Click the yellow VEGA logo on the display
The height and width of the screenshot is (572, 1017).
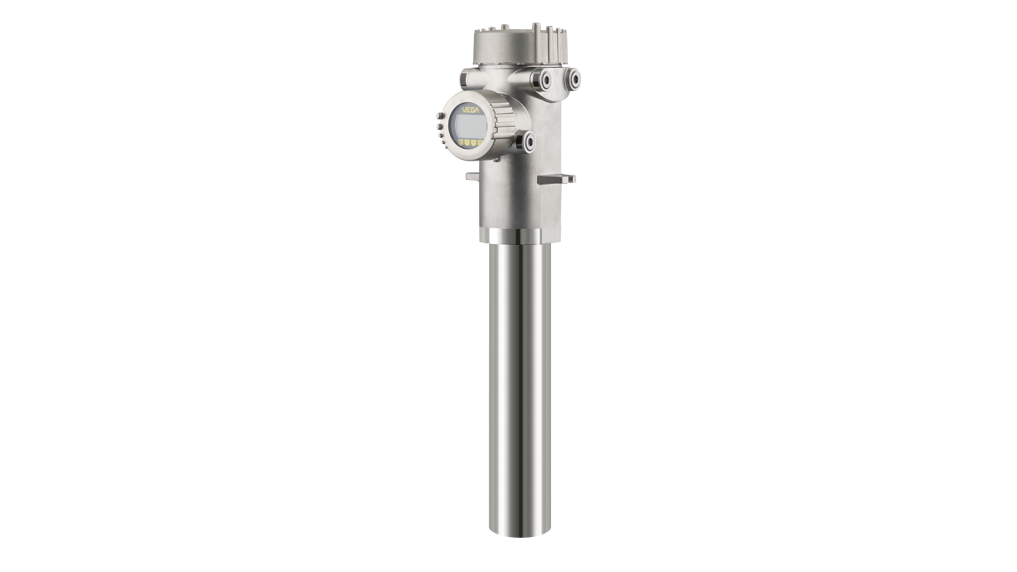[x=471, y=110]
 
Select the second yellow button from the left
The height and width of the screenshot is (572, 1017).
[x=467, y=142]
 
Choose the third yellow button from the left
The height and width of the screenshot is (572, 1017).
[x=473, y=143]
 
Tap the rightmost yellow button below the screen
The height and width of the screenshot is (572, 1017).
[x=479, y=142]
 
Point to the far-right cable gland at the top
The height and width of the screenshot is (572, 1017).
[x=574, y=79]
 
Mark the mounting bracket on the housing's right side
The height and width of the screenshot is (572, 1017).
[x=557, y=178]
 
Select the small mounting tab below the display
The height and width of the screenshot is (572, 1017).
[x=472, y=176]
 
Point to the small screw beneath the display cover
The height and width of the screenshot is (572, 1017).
[x=497, y=159]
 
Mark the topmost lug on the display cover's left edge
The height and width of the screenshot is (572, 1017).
[x=438, y=115]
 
